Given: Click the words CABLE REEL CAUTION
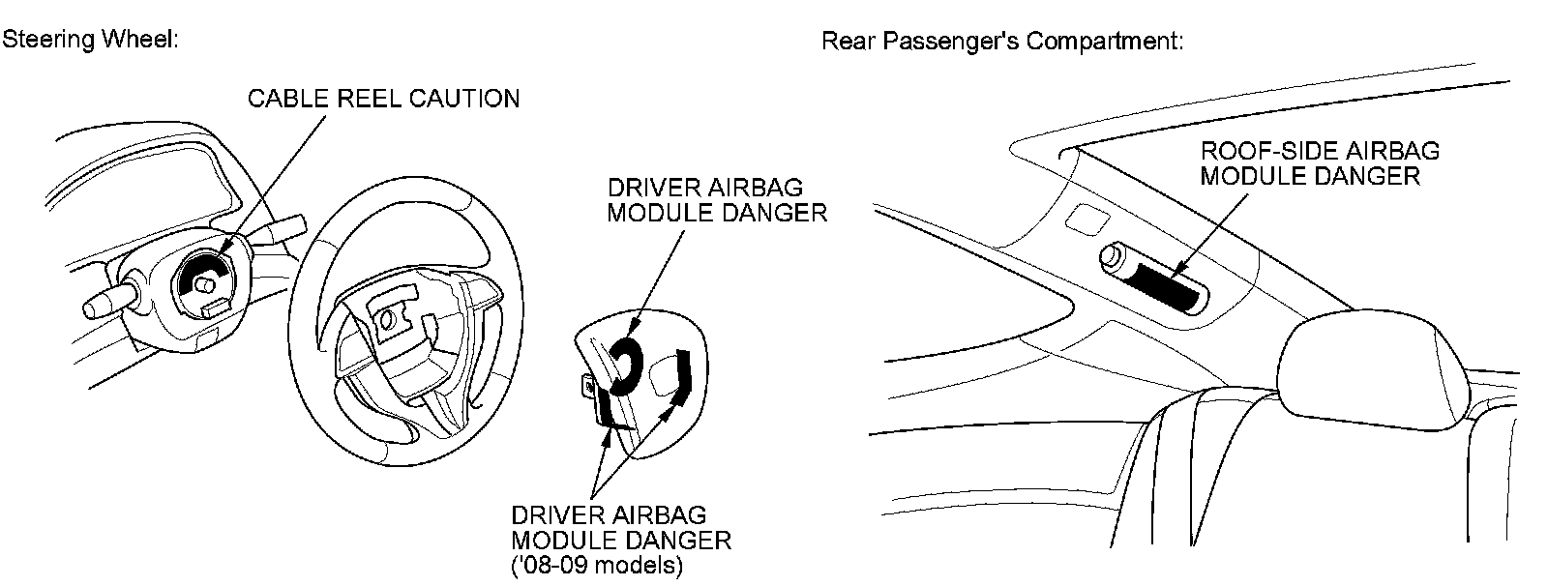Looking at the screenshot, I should pyautogui.click(x=383, y=99).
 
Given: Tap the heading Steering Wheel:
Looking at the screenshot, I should pyautogui.click(x=89, y=41).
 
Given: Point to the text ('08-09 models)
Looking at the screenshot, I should pyautogui.click(x=596, y=565).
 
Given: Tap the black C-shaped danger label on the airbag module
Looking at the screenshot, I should pyautogui.click(x=621, y=366).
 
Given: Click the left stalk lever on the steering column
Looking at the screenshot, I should pyautogui.click(x=106, y=300).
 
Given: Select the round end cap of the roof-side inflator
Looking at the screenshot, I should pyautogui.click(x=1113, y=257).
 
